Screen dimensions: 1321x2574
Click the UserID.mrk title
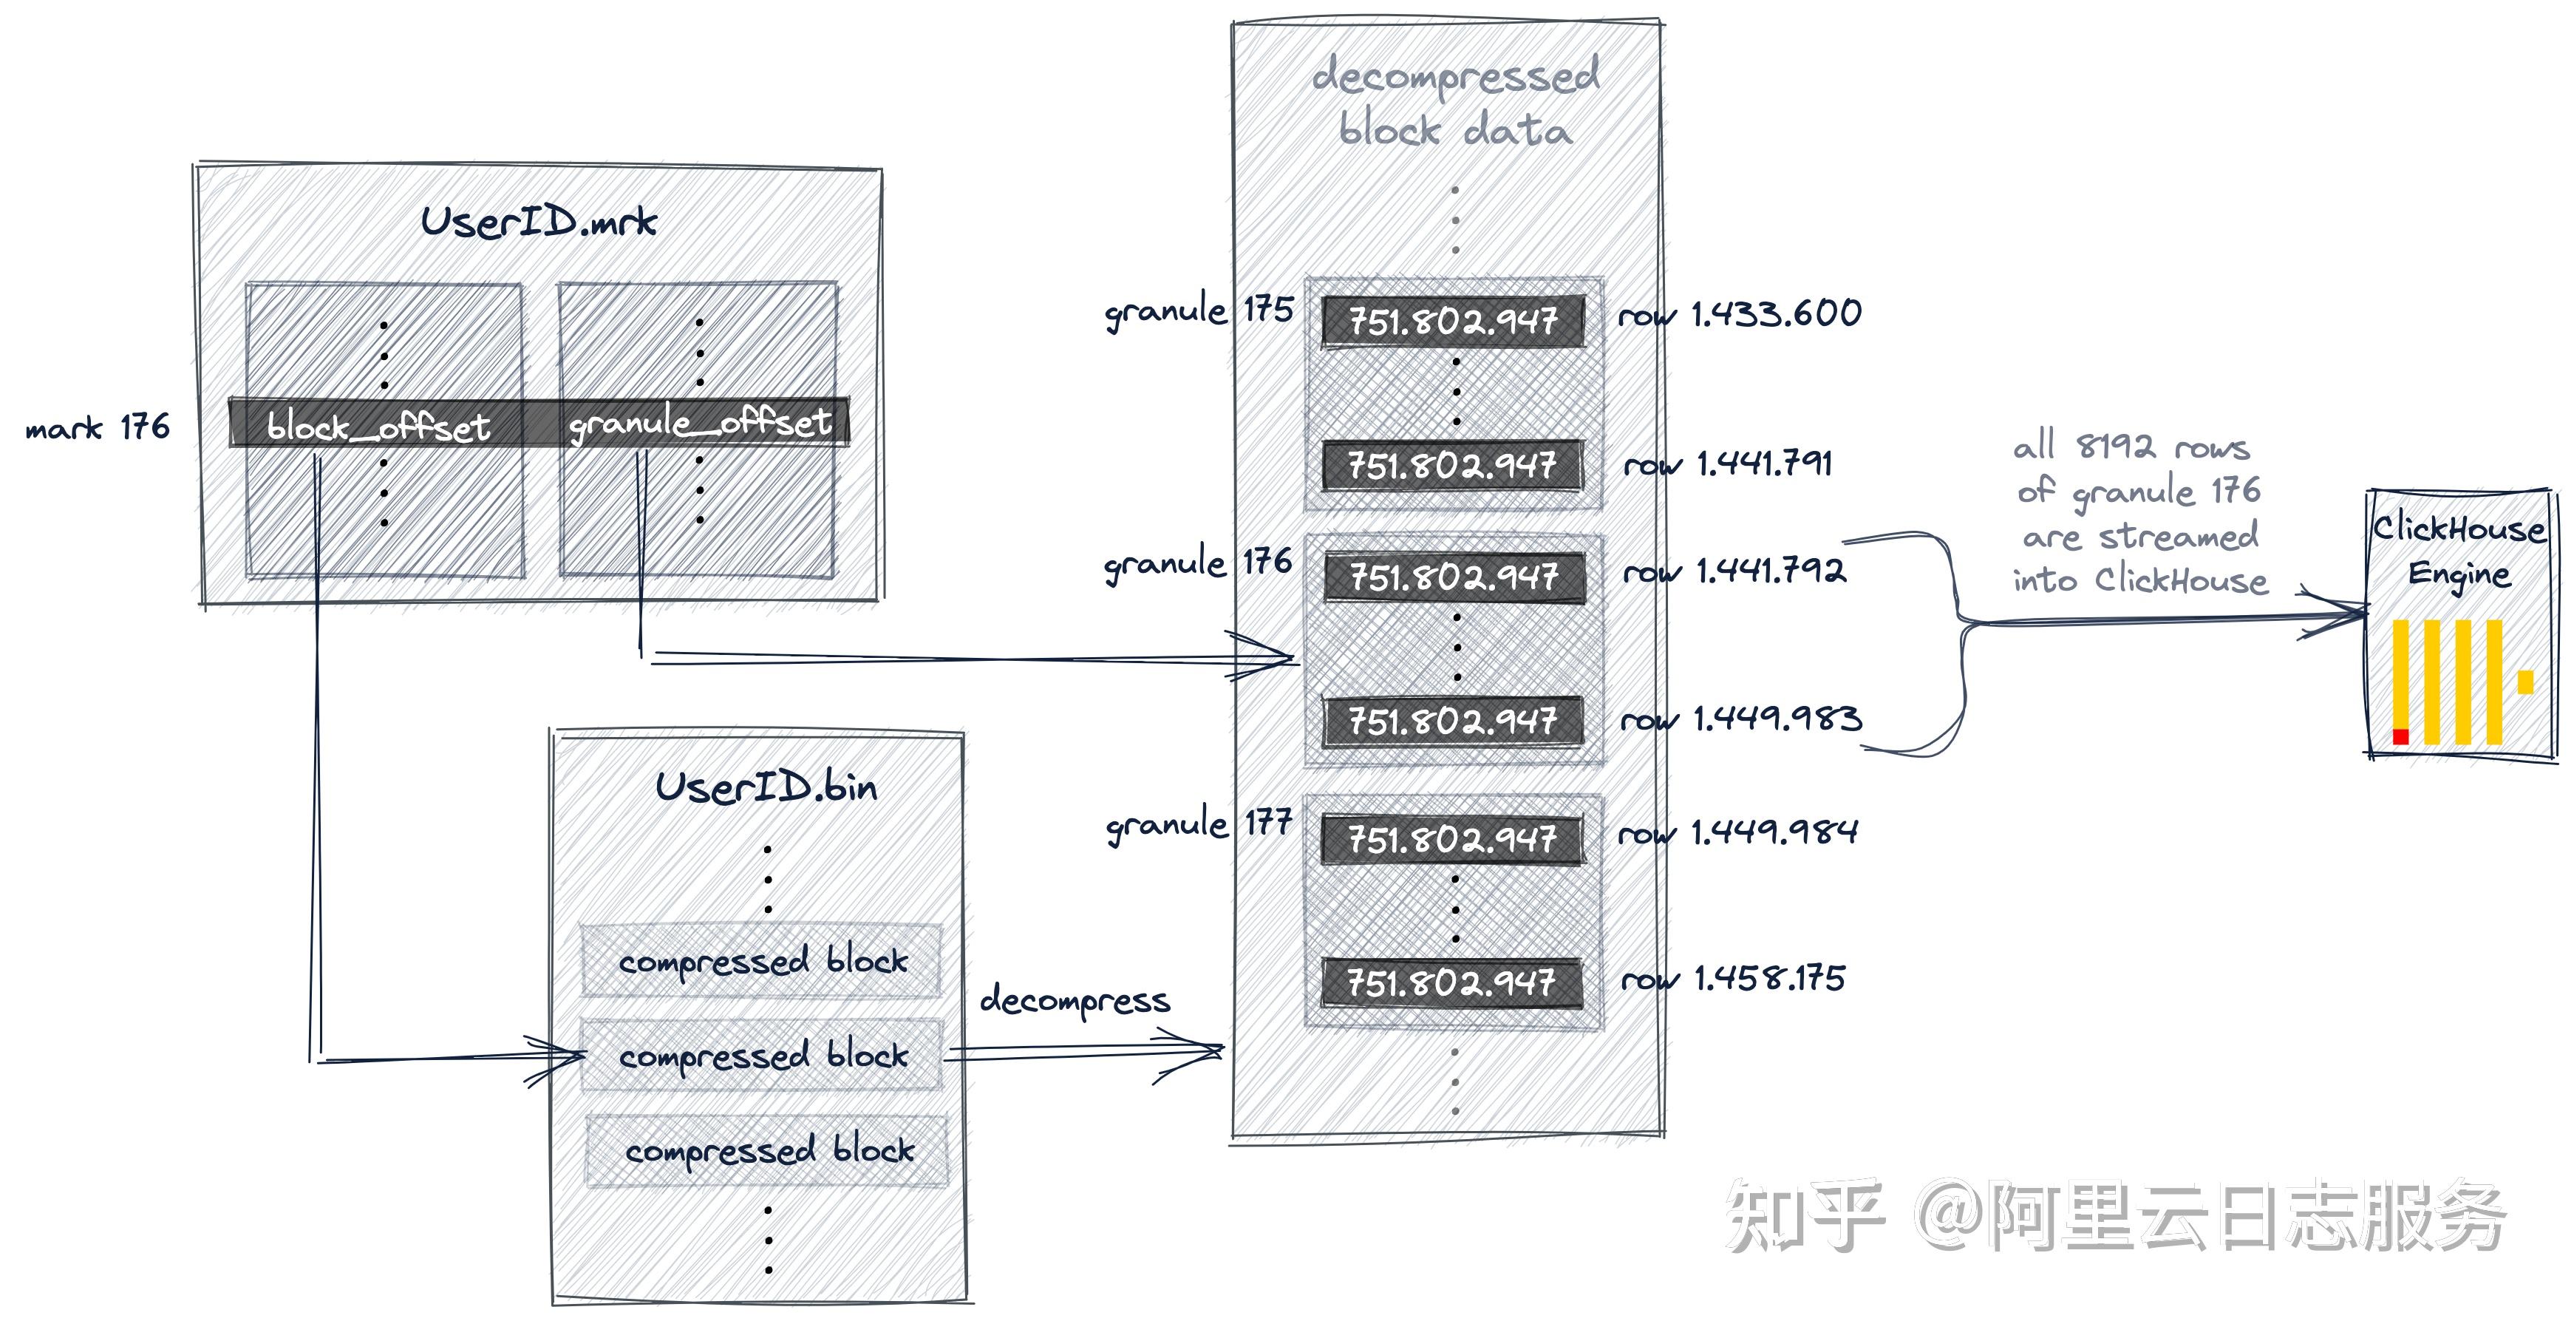pos(539,222)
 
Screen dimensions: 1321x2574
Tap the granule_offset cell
pos(699,424)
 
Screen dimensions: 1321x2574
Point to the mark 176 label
pos(97,429)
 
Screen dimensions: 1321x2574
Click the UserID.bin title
pos(766,787)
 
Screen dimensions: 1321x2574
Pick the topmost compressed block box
pos(761,961)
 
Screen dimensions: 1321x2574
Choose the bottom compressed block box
pos(767,1151)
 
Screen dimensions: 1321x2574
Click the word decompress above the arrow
pos(1075,1000)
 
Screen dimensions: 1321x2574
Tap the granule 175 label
pos(1199,310)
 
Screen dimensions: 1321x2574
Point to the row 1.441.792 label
pos(1734,571)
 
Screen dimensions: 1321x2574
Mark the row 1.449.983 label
pos(1740,719)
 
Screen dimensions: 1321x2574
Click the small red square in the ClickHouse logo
pos(2400,736)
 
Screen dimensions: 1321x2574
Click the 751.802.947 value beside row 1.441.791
pos(1452,466)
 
